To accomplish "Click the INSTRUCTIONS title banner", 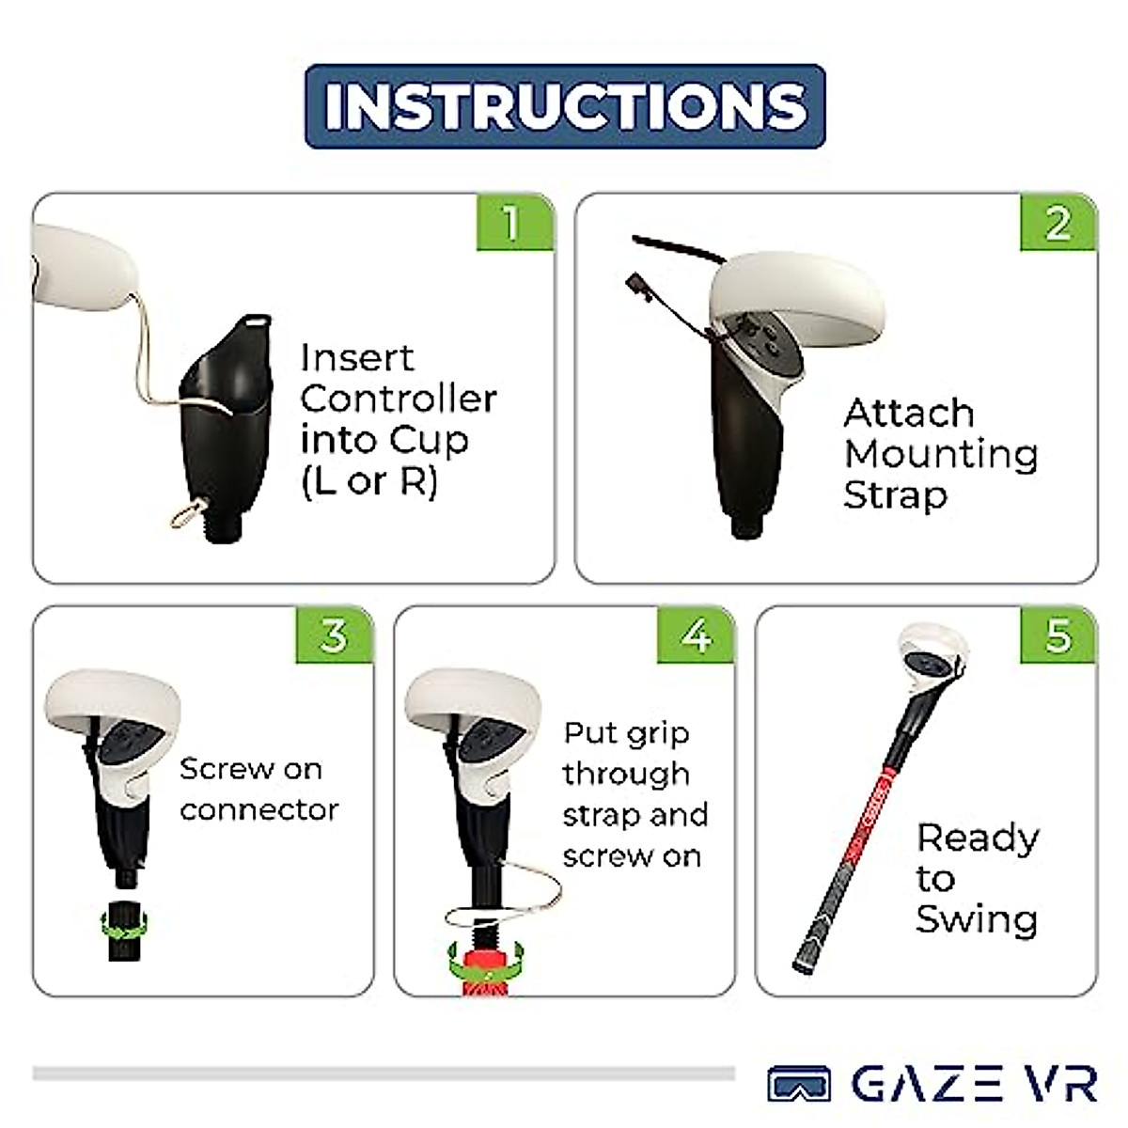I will click(565, 106).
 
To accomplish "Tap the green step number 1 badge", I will click(512, 223).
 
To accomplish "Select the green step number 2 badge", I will click(1057, 223).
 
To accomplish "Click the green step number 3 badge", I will click(334, 635).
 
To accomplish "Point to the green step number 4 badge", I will click(696, 635).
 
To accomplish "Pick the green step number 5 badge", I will click(1057, 635).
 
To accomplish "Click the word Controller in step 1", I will click(398, 399).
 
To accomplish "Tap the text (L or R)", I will click(368, 481).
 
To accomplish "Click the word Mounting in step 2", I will click(941, 454).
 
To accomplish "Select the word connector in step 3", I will click(258, 809).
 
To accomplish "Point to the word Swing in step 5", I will click(977, 919).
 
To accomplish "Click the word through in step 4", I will click(626, 774).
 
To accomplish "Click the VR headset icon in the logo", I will click(799, 1084).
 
